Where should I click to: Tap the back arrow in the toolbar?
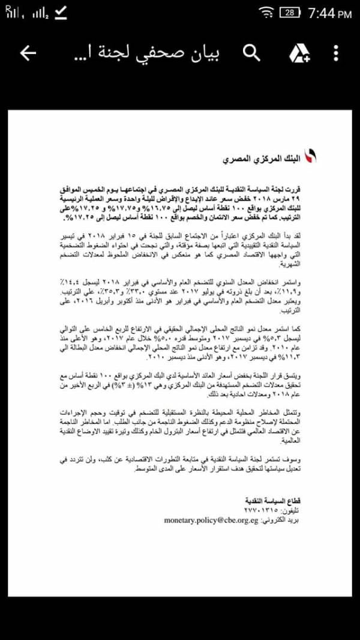click(28, 53)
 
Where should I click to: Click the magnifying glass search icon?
click(252, 53)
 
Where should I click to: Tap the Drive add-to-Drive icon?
click(298, 53)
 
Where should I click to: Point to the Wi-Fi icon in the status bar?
click(265, 13)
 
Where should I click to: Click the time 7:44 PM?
click(329, 13)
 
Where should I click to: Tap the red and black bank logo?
click(310, 158)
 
